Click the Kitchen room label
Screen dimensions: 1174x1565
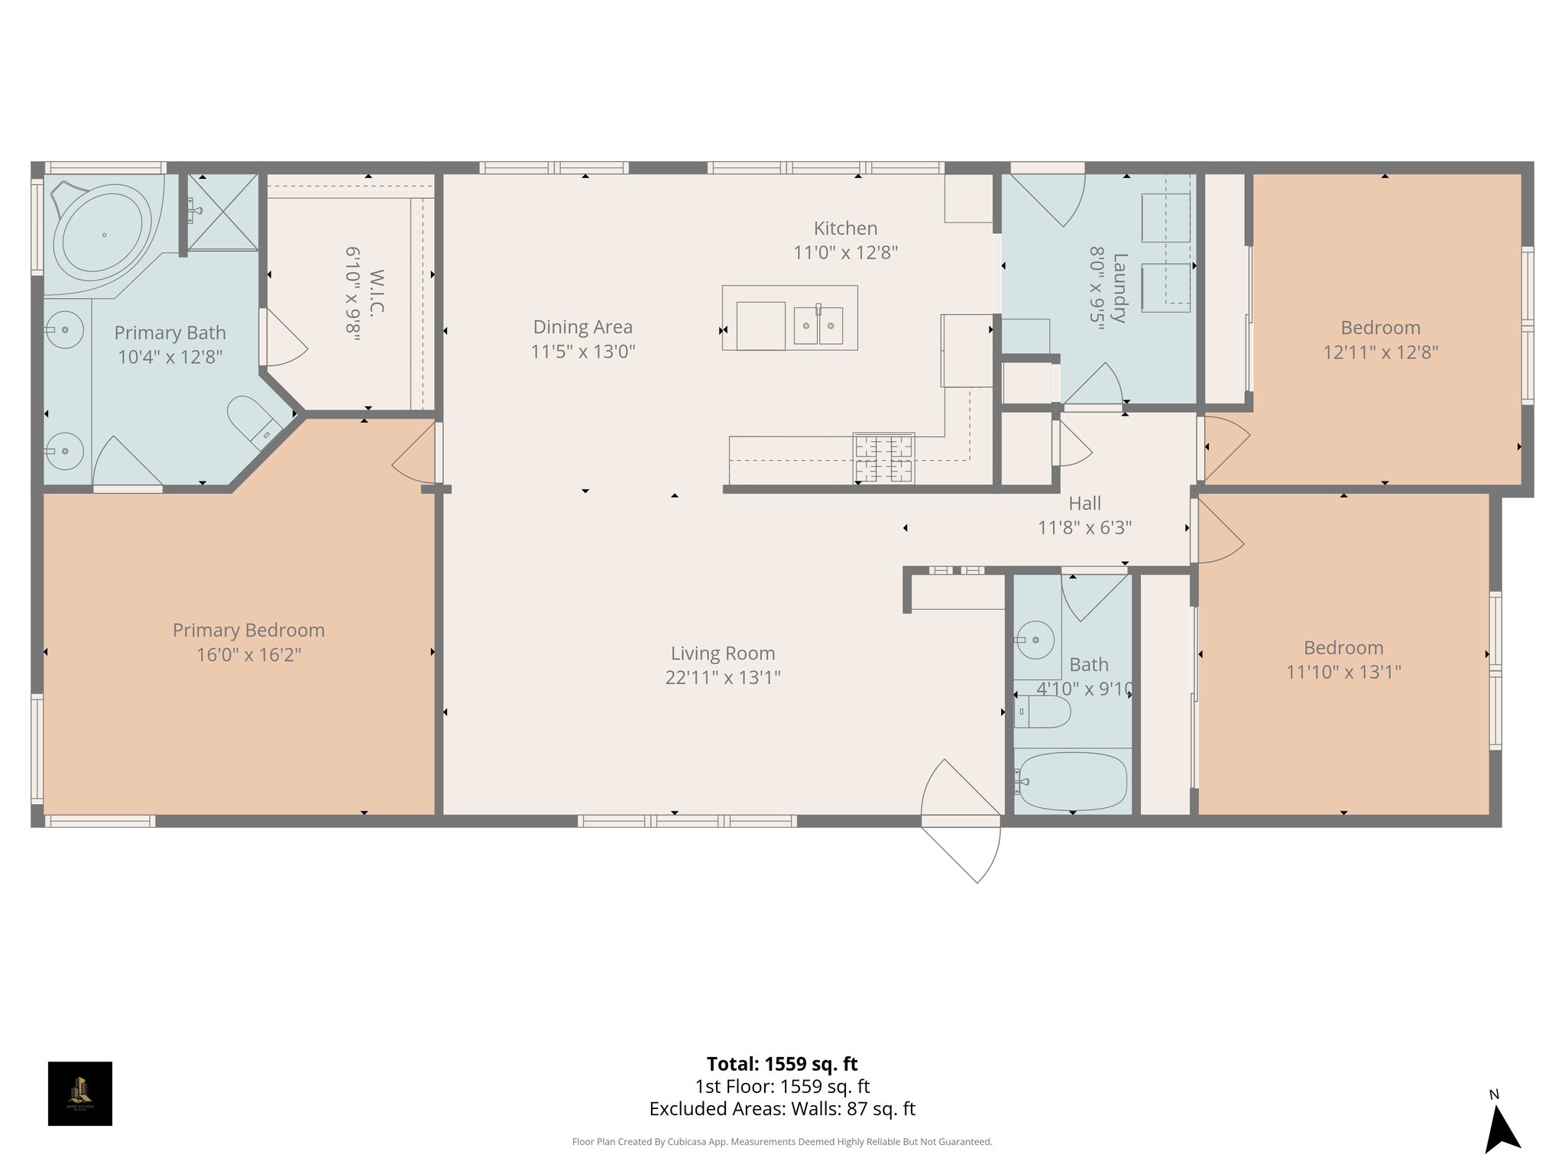pos(845,228)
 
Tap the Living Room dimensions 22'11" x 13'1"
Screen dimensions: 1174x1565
pos(723,677)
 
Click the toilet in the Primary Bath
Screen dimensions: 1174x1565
pos(255,421)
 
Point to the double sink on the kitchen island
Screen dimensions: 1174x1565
pos(818,326)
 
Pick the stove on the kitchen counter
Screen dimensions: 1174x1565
pos(883,459)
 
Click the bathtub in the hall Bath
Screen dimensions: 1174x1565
pos(1072,782)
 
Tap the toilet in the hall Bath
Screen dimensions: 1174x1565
pos(1043,712)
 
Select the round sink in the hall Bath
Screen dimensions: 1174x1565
pos(1035,639)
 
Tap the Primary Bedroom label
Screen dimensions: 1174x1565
pos(248,630)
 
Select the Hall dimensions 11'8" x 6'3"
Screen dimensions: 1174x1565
pos(1084,527)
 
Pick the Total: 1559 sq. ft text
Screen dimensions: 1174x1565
pos(782,1064)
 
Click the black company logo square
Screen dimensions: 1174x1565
pos(80,1093)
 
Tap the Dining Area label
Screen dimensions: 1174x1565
pos(582,327)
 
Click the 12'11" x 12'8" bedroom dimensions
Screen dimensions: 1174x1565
pos(1380,352)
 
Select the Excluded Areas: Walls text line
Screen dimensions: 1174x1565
pos(782,1108)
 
